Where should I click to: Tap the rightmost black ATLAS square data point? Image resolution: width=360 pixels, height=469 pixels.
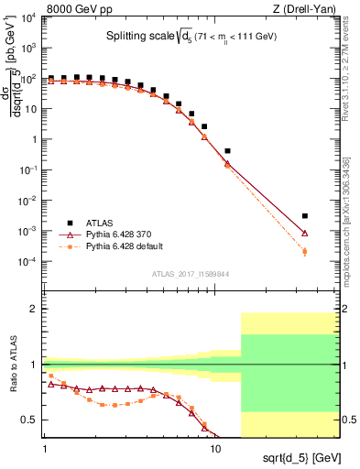(x=305, y=216)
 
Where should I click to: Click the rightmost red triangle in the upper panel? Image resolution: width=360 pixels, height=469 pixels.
(x=305, y=233)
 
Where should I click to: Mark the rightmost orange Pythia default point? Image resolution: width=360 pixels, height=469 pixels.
(x=305, y=252)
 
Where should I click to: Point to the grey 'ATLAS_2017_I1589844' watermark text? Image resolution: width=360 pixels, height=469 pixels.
(x=189, y=275)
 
